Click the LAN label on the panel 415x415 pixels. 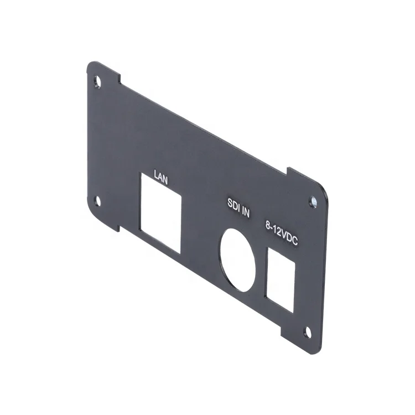click(160, 179)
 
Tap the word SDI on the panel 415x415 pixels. click(234, 203)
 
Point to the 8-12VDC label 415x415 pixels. click(282, 235)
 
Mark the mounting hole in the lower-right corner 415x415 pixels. click(309, 331)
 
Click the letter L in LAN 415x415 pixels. click(155, 177)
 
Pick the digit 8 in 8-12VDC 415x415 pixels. click(268, 226)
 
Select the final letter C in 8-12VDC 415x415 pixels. click(296, 243)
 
